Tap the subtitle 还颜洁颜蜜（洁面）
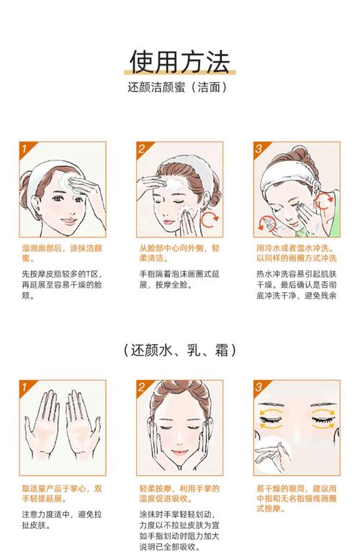pyautogui.click(x=179, y=89)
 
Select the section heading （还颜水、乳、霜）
pyautogui.click(x=179, y=350)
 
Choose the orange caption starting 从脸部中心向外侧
pyautogui.click(x=179, y=253)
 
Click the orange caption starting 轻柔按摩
pyautogui.click(x=179, y=494)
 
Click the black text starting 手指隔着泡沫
pyautogui.click(x=179, y=280)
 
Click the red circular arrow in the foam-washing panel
pyautogui.click(x=210, y=219)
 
